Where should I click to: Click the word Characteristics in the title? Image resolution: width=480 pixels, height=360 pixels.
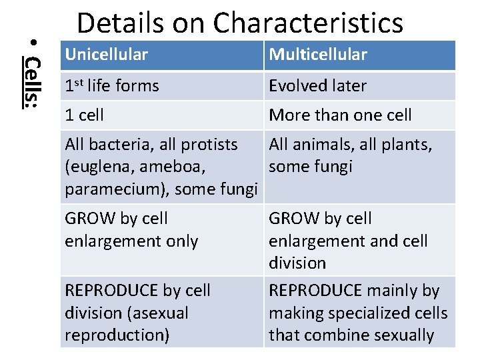point(309,23)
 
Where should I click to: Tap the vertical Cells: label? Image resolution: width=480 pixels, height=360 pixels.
point(31,80)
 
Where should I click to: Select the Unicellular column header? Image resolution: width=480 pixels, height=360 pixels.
point(107,55)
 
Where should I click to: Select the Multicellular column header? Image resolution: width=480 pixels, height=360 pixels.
point(318,55)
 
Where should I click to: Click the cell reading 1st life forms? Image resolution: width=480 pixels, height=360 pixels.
point(112,86)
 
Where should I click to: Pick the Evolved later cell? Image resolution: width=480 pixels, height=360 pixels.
point(317,86)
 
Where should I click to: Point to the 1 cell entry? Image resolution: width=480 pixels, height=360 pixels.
point(85,115)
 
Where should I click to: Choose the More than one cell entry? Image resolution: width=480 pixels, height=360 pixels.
point(340,115)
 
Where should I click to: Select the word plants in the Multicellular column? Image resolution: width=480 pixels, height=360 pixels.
point(407,144)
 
